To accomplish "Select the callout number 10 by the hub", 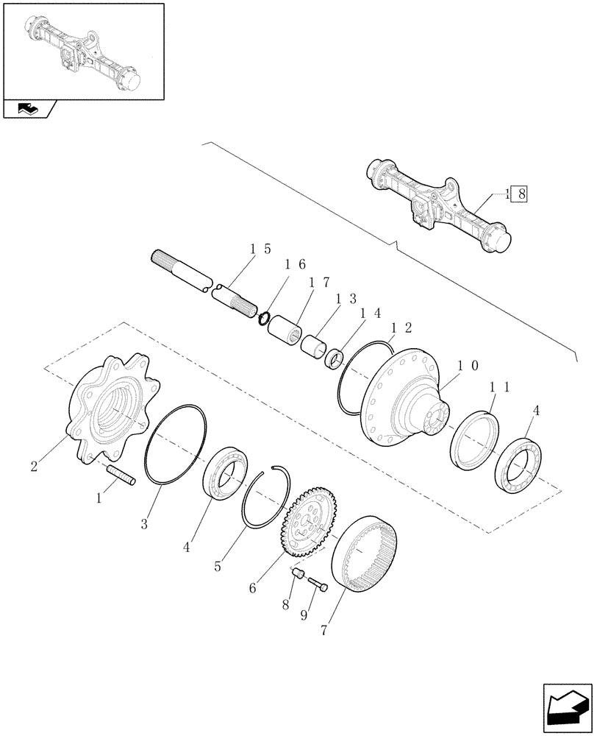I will [467, 366].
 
